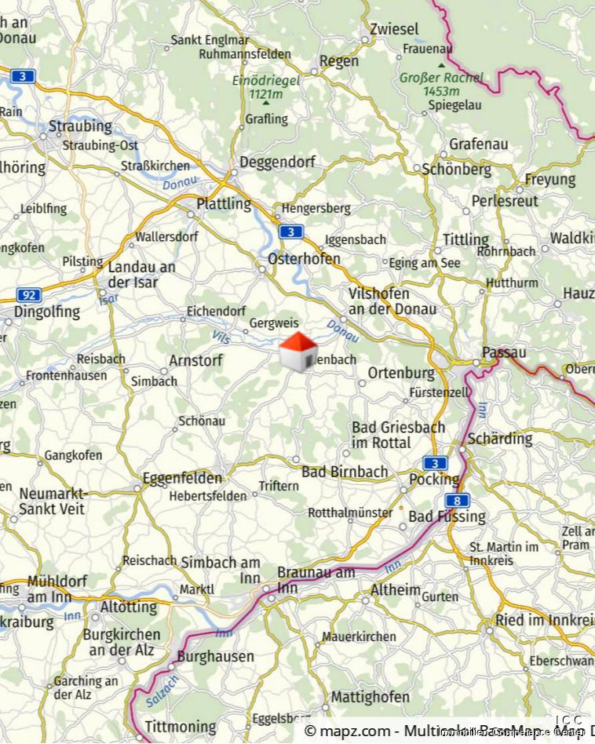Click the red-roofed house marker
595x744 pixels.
(298, 351)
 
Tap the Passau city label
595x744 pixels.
(504, 352)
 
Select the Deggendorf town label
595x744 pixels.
(277, 162)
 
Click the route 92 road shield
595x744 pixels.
(28, 295)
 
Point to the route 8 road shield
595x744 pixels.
(456, 500)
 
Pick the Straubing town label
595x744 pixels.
(80, 126)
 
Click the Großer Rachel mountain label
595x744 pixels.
(441, 78)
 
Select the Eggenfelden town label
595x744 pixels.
(183, 477)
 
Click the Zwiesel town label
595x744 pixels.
(394, 29)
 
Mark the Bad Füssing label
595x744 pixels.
(447, 517)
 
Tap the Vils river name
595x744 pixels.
(222, 335)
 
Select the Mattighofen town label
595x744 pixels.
(370, 697)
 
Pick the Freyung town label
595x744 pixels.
(549, 180)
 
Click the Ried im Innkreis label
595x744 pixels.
(544, 620)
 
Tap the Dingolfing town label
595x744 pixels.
(47, 312)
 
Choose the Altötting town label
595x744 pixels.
(129, 607)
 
